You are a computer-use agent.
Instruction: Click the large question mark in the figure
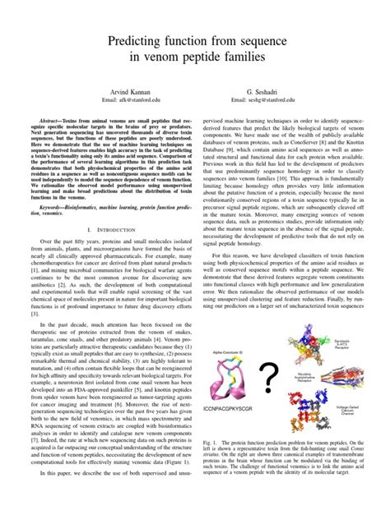(x=268, y=379)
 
